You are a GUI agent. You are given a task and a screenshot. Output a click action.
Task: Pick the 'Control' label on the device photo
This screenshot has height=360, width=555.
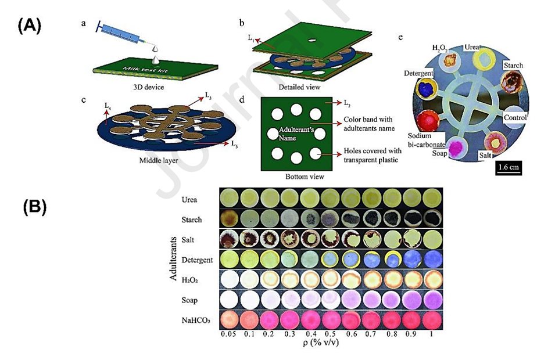pos(514,117)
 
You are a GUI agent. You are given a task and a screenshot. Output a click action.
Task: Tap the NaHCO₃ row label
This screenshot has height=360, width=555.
pos(194,318)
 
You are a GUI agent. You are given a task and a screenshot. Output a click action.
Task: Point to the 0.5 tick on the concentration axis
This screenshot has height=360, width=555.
pos(329,336)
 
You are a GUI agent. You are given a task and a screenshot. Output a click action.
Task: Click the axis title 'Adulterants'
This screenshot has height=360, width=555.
pos(174,258)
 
